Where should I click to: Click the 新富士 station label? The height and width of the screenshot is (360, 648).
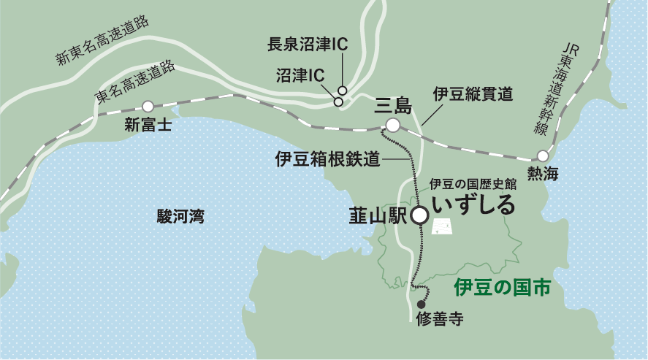point(148,125)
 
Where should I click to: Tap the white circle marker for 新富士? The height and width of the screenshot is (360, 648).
point(148,106)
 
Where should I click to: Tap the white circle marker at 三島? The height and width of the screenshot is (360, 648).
point(393,126)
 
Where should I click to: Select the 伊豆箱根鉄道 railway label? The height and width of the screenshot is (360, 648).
point(328,158)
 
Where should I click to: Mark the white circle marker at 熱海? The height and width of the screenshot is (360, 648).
point(543,156)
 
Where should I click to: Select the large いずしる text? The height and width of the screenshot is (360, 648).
point(473,204)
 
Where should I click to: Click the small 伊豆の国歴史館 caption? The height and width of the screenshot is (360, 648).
point(473,184)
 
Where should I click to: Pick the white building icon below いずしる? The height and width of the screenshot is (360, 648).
point(442,229)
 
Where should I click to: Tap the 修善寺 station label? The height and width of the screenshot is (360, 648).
point(439,319)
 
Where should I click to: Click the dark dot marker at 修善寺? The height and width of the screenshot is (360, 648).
point(421,305)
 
